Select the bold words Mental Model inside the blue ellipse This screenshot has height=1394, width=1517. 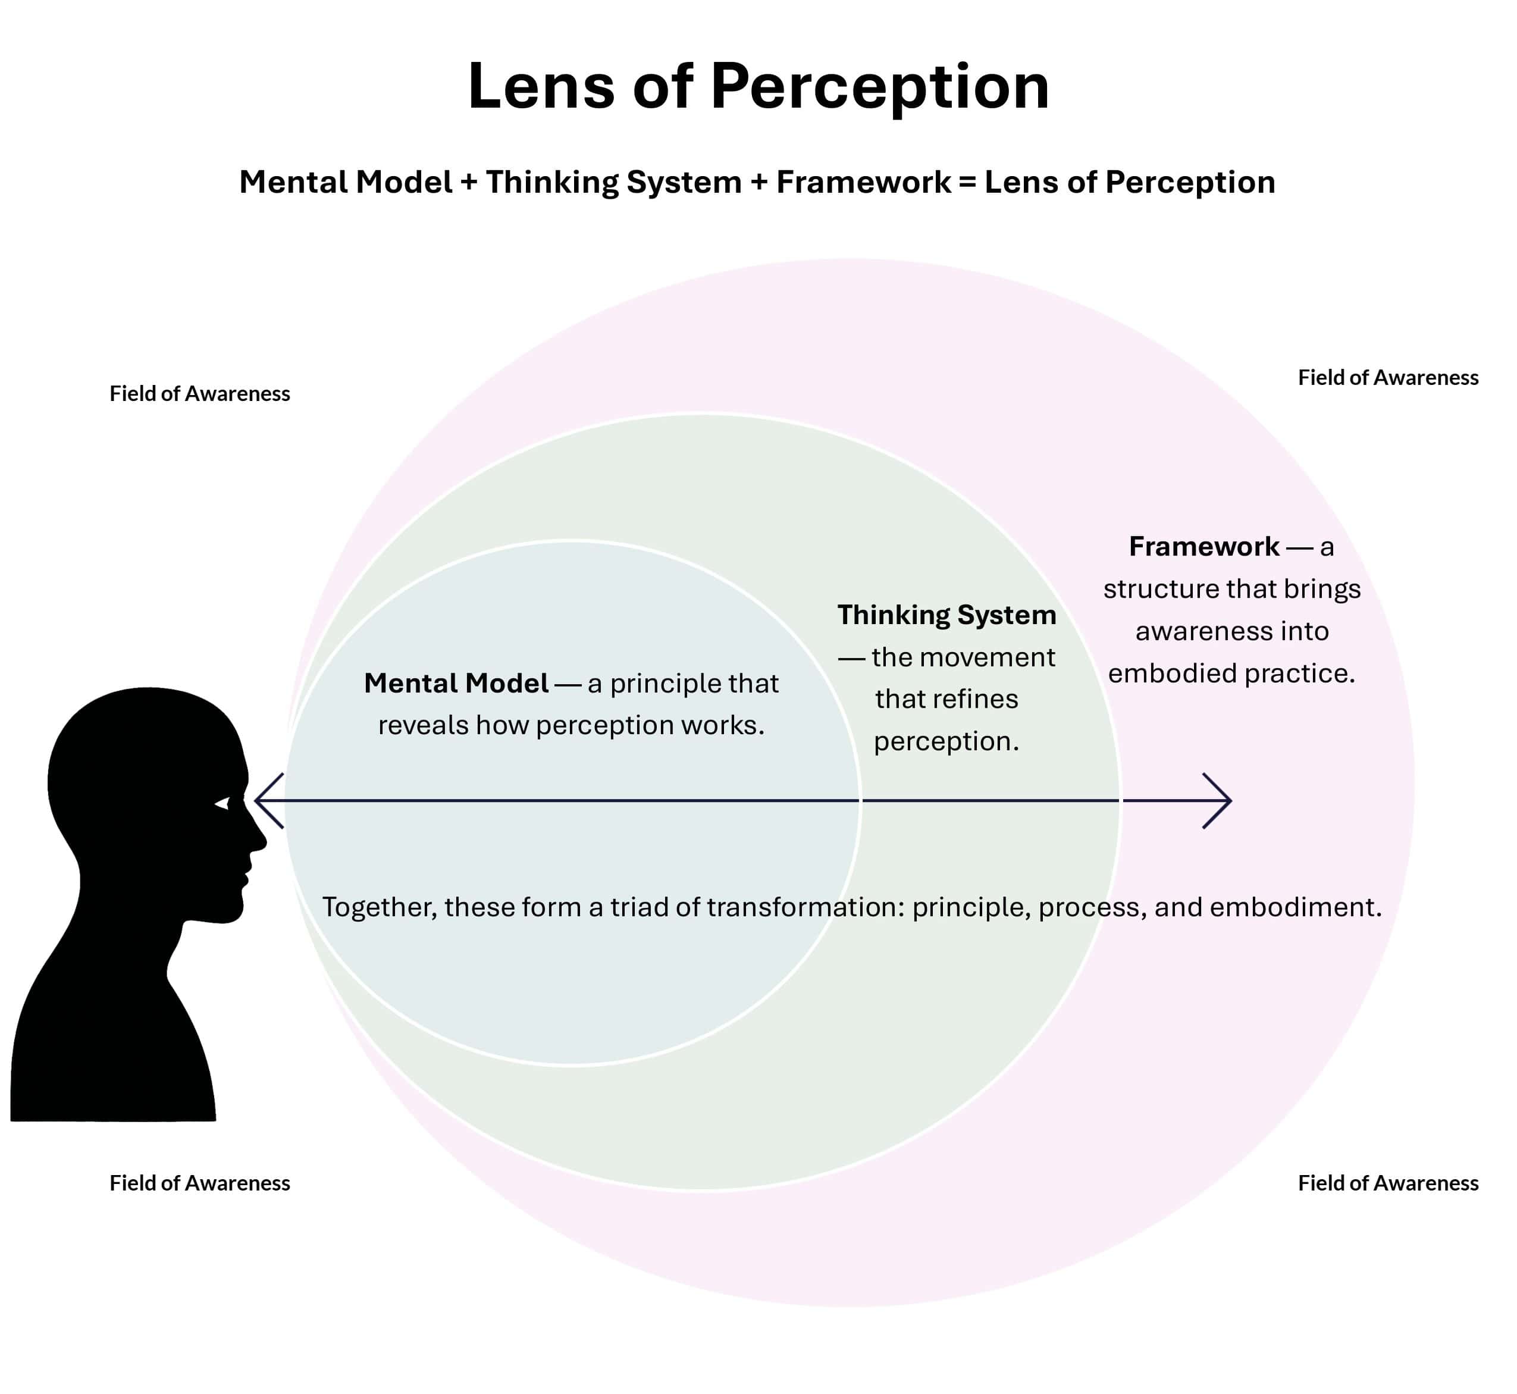click(x=456, y=684)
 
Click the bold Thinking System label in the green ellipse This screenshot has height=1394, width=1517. click(x=946, y=615)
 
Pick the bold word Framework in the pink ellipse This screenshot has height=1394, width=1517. click(x=1203, y=546)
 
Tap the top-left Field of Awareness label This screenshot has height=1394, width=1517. click(x=199, y=394)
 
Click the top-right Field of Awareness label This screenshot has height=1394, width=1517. click(x=1387, y=378)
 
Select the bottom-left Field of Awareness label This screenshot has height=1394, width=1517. click(x=199, y=1183)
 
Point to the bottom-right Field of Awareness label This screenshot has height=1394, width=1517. click(x=1387, y=1183)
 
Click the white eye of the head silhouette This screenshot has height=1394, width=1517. click(x=222, y=804)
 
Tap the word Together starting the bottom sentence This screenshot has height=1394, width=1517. click(x=380, y=907)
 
